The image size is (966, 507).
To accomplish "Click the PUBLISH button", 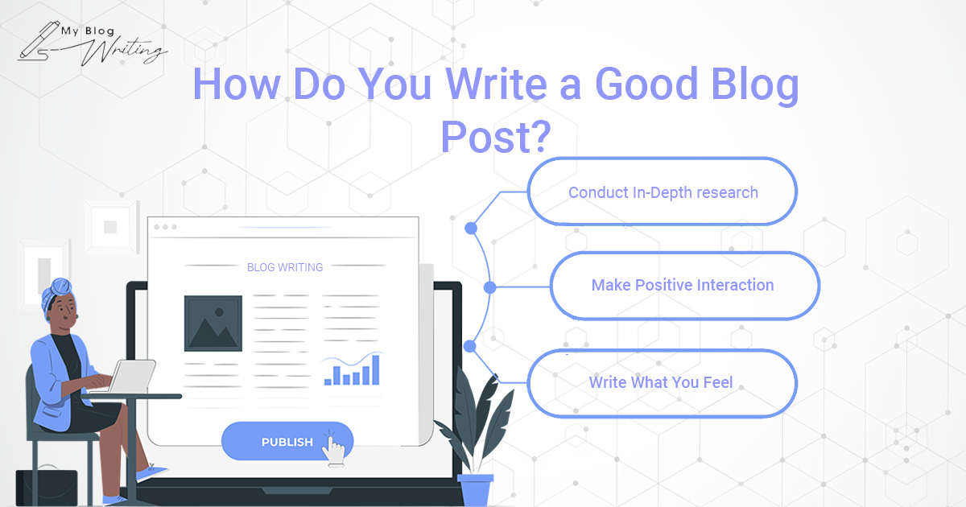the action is [x=287, y=441].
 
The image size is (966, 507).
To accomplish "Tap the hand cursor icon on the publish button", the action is [x=333, y=449].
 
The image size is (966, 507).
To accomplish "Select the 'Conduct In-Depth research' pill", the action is [x=663, y=192].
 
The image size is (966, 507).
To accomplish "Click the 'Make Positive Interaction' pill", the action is [x=685, y=286].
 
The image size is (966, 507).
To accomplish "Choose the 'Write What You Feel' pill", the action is [x=663, y=383].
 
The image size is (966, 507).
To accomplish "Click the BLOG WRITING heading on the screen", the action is [x=285, y=267].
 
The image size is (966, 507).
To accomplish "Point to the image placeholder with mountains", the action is [x=213, y=324].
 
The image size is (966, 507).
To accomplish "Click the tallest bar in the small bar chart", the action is [x=376, y=370].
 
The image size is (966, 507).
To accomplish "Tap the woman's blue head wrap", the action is [x=57, y=292].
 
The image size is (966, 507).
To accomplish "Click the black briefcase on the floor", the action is [x=47, y=487].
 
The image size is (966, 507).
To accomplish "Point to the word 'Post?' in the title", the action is [x=496, y=137].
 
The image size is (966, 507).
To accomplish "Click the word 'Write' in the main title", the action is [x=496, y=84].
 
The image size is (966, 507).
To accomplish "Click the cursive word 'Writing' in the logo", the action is [x=124, y=51].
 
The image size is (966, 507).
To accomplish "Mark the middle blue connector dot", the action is [x=489, y=287].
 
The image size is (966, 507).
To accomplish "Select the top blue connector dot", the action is [x=471, y=228].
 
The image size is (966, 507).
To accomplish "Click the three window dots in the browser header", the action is [x=165, y=227].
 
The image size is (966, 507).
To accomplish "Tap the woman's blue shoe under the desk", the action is [x=152, y=473].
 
